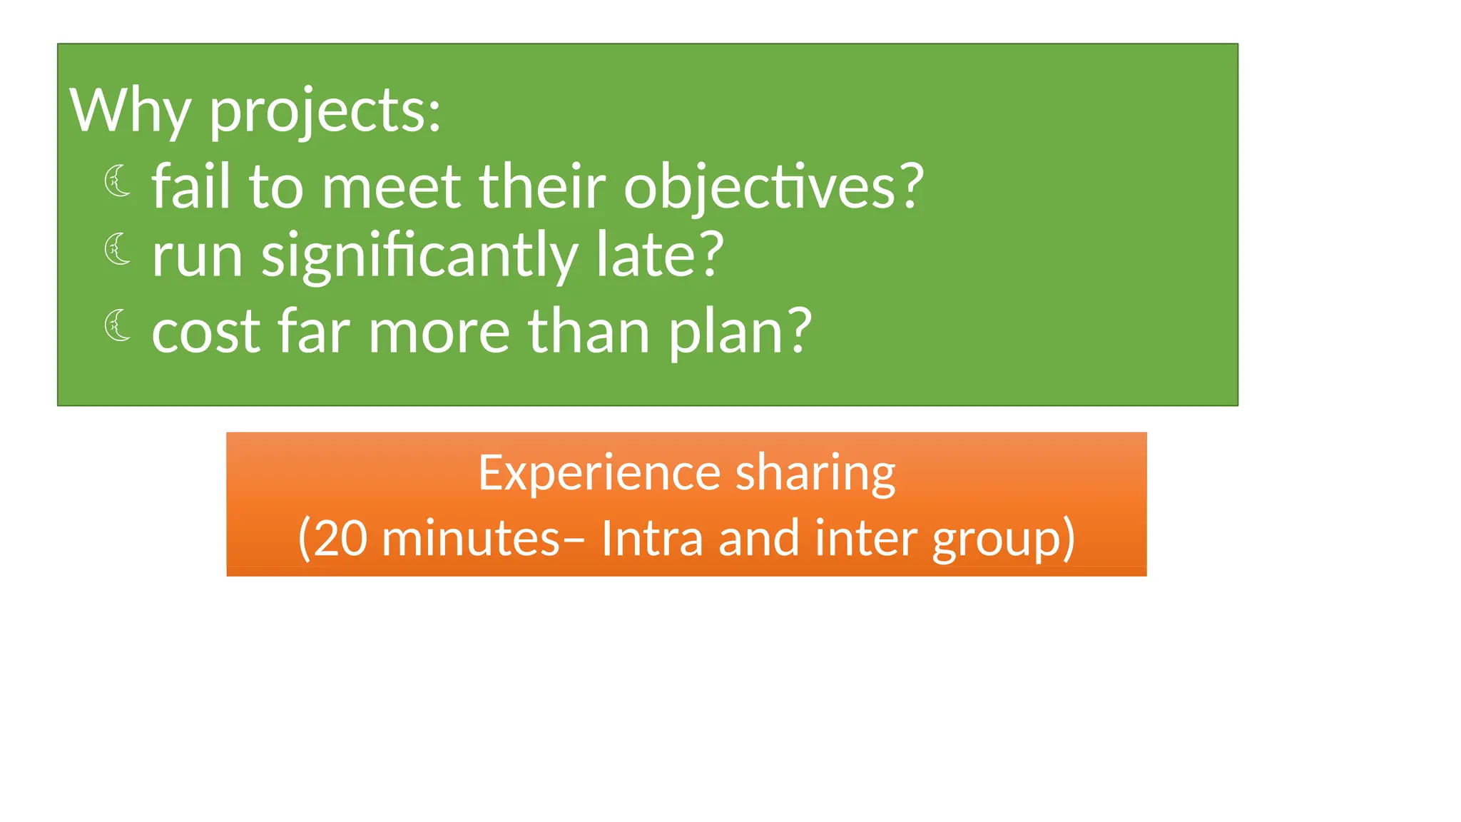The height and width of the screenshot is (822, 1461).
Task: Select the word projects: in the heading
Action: (325, 112)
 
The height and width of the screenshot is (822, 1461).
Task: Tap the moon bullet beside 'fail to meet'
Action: (118, 181)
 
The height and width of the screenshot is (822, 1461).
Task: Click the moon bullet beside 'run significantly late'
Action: (118, 249)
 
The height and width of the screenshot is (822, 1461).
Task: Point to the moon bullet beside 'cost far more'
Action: (118, 325)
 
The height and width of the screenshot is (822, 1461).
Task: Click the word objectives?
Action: (774, 187)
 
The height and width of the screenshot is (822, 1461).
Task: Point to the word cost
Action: (206, 332)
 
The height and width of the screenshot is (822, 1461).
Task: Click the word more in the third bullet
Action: (439, 332)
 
